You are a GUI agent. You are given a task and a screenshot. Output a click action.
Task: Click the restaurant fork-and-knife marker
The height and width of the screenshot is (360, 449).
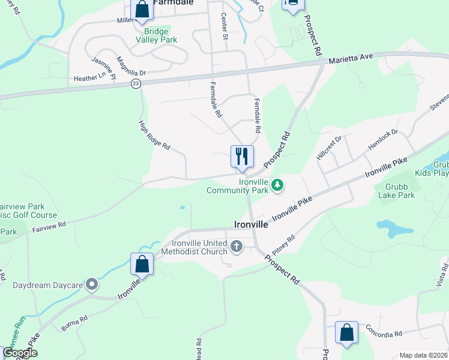242,157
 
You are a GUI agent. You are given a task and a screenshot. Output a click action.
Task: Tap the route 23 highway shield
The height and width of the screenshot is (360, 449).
136,84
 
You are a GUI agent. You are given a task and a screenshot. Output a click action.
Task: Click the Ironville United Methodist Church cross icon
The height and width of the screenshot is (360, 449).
237,246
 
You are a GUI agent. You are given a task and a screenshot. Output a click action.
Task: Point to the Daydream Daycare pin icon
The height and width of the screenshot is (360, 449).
91,284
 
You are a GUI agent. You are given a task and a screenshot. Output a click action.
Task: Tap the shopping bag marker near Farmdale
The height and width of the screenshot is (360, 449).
142,10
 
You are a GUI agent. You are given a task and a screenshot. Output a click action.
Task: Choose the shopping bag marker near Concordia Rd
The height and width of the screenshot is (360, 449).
346,333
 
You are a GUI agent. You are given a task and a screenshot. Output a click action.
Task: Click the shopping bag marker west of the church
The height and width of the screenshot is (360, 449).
142,264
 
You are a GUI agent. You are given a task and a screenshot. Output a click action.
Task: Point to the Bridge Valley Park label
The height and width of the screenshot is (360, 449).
156,35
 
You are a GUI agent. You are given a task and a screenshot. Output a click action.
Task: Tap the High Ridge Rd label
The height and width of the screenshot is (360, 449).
154,136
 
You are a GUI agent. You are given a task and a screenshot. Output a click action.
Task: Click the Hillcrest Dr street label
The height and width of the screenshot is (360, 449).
329,148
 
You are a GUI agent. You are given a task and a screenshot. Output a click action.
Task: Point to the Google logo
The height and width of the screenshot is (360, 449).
20,353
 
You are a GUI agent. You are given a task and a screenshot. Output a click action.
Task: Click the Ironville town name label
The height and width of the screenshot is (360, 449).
250,224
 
